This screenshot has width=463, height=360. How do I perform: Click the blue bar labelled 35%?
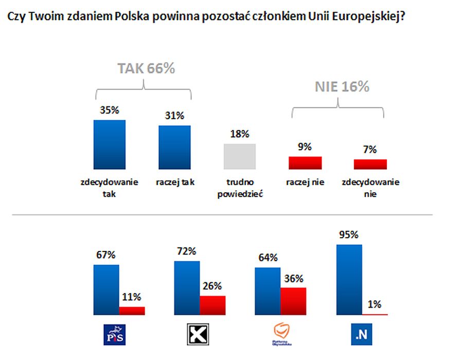(109, 145)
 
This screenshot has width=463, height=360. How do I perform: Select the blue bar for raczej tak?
(174, 147)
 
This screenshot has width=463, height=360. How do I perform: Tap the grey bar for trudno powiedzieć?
(240, 156)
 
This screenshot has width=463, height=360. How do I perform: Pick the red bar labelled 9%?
(305, 163)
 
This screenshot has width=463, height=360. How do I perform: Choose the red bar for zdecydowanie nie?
(370, 164)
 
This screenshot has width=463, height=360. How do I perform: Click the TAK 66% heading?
(146, 68)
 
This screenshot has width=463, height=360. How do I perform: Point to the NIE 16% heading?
(342, 87)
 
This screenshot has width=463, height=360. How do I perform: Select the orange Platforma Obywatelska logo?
(280, 333)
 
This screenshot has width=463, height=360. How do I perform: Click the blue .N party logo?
(362, 335)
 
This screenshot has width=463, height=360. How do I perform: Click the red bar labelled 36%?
(293, 301)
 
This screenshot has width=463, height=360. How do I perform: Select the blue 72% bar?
(187, 287)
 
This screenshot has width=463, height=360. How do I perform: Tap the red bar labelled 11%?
(132, 310)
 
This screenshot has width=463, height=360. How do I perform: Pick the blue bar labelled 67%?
(106, 290)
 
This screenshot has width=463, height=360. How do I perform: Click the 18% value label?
(239, 134)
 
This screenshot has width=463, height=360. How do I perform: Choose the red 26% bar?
(212, 305)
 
